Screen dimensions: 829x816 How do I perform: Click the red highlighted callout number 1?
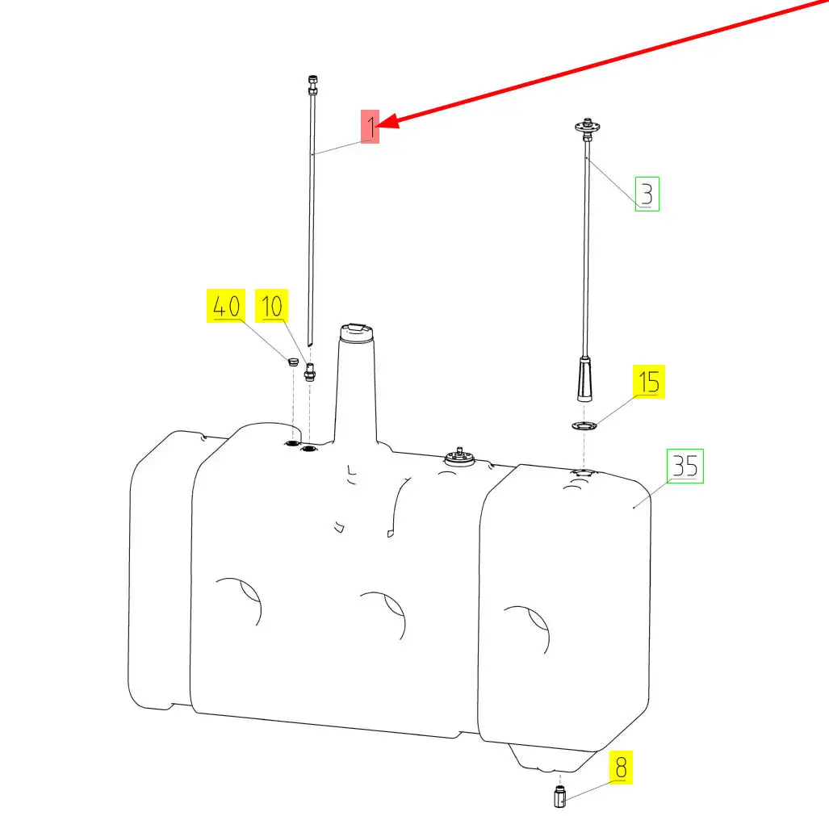[x=370, y=126]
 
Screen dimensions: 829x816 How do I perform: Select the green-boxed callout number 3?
[x=647, y=194]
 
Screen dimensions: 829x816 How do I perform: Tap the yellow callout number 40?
[x=226, y=306]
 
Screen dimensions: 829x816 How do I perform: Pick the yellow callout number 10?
[x=272, y=306]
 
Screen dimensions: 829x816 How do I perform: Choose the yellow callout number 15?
[x=649, y=382]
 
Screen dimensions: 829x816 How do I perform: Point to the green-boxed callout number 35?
[x=685, y=466]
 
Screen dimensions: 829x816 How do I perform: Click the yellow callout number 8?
[x=621, y=767]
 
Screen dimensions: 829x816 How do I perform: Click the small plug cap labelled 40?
[x=293, y=362]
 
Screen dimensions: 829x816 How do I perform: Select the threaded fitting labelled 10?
[x=310, y=371]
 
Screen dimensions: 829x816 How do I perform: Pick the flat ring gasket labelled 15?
[x=584, y=425]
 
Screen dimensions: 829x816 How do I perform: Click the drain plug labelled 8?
[x=560, y=796]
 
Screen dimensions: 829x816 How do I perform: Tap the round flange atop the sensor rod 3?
[x=587, y=126]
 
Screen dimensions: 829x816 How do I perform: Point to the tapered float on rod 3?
[x=584, y=379]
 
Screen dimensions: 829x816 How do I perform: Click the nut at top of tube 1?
[x=312, y=85]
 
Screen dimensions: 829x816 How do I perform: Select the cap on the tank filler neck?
[x=358, y=332]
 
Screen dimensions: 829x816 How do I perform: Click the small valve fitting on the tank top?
[x=459, y=457]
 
